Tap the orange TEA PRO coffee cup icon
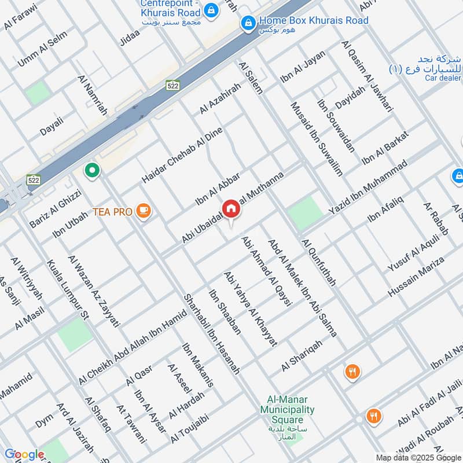[x=144, y=212]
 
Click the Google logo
[x=24, y=454]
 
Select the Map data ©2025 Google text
[x=417, y=457]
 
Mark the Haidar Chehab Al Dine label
[x=182, y=155]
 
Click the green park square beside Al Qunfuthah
[x=305, y=212]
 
